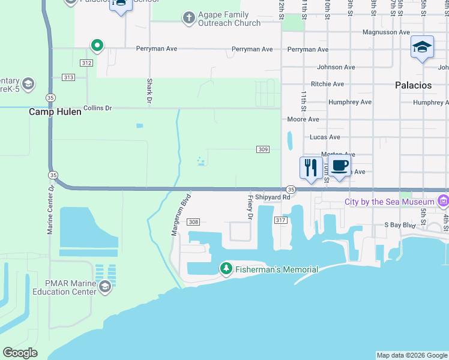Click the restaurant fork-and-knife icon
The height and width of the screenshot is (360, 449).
tap(311, 167)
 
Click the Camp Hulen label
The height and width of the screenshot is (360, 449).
tap(55, 112)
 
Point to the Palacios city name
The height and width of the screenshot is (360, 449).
tap(413, 85)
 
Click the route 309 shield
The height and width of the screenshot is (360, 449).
tap(262, 149)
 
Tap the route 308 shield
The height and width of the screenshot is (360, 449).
tap(193, 222)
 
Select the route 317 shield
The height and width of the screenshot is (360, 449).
tap(280, 221)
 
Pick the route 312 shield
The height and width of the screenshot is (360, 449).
tap(86, 63)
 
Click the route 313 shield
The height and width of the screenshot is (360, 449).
tap(68, 77)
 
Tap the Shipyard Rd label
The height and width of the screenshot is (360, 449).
tap(273, 197)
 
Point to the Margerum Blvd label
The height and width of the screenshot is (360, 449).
tap(181, 214)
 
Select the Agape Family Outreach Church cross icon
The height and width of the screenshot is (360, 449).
tap(188, 17)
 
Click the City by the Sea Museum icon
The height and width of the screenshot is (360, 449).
tap(444, 201)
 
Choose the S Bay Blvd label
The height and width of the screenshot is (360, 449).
tap(400, 225)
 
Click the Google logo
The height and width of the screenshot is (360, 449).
tap(20, 353)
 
